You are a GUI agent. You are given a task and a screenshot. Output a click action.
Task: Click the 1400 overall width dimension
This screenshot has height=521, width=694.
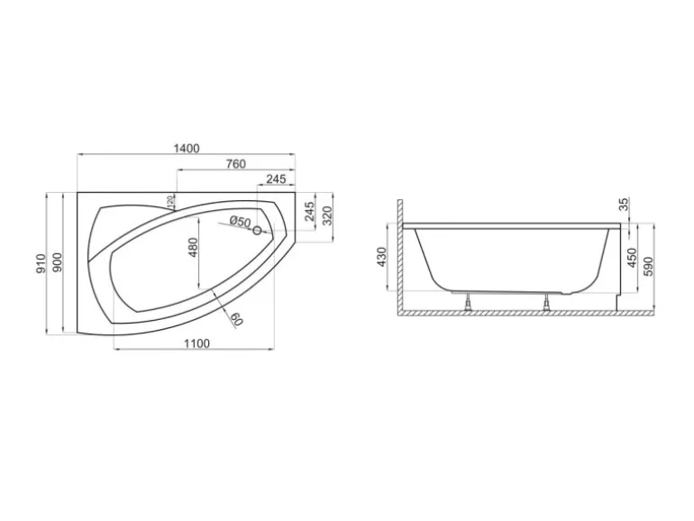click(187, 149)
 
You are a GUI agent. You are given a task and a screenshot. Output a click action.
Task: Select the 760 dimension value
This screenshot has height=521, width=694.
click(235, 164)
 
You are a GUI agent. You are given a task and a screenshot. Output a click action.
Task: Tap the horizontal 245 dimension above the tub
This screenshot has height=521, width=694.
click(276, 179)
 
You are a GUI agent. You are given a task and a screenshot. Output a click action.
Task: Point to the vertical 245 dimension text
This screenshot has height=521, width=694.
click(309, 213)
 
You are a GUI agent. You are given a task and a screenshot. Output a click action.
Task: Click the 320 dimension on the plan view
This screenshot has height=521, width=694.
click(327, 215)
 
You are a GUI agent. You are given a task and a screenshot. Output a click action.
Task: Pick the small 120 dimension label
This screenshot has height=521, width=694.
click(170, 200)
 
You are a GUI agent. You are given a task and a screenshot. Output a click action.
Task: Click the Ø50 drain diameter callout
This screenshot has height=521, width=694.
click(239, 222)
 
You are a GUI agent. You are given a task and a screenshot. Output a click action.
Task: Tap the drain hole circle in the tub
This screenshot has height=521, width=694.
click(257, 232)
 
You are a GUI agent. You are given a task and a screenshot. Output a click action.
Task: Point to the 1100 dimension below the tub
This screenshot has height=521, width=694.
click(196, 343)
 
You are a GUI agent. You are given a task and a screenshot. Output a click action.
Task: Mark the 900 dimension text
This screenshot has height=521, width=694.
click(57, 262)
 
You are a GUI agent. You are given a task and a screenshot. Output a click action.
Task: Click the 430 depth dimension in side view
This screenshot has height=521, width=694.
click(381, 257)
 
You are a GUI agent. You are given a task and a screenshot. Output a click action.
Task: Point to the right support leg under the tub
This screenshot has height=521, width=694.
click(548, 301)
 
